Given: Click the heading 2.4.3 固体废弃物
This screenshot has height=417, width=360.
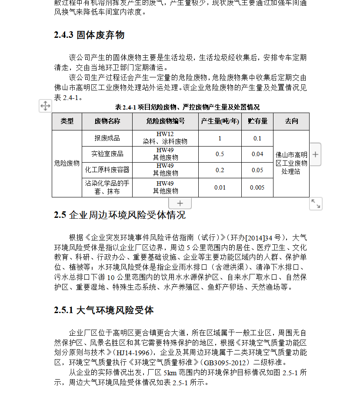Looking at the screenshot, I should pyautogui.click(x=89, y=35).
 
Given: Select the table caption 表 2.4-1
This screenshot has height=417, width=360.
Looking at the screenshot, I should pyautogui.click(x=187, y=107).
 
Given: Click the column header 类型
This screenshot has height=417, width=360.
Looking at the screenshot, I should pyautogui.click(x=67, y=121).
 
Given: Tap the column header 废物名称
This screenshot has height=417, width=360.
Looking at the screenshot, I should pyautogui.click(x=107, y=121).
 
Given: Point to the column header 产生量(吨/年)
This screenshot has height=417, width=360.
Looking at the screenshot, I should pyautogui.click(x=220, y=121).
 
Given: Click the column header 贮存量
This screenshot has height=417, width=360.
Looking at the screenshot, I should pyautogui.click(x=257, y=121).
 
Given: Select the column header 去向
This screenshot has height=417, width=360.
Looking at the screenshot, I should pyautogui.click(x=291, y=121).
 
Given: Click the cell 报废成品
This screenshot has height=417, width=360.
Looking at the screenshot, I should pyautogui.click(x=107, y=138).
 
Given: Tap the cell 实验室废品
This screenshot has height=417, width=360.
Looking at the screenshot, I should pyautogui.click(x=107, y=154).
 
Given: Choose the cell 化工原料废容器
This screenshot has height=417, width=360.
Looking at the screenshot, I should pyautogui.click(x=107, y=170).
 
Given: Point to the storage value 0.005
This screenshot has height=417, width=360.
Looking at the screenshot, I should pyautogui.click(x=257, y=187).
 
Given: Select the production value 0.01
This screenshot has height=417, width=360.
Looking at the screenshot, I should pyautogui.click(x=220, y=187).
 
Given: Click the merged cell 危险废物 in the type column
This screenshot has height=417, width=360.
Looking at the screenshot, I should pyautogui.click(x=67, y=163).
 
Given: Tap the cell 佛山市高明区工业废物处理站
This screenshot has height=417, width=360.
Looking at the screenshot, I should pyautogui.click(x=291, y=163).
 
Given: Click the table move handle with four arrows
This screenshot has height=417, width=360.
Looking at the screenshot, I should pyautogui.click(x=45, y=106).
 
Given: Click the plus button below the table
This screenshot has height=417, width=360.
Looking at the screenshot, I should pyautogui.click(x=180, y=203).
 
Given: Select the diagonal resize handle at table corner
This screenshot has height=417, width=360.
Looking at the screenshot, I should pyautogui.click(x=316, y=203).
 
